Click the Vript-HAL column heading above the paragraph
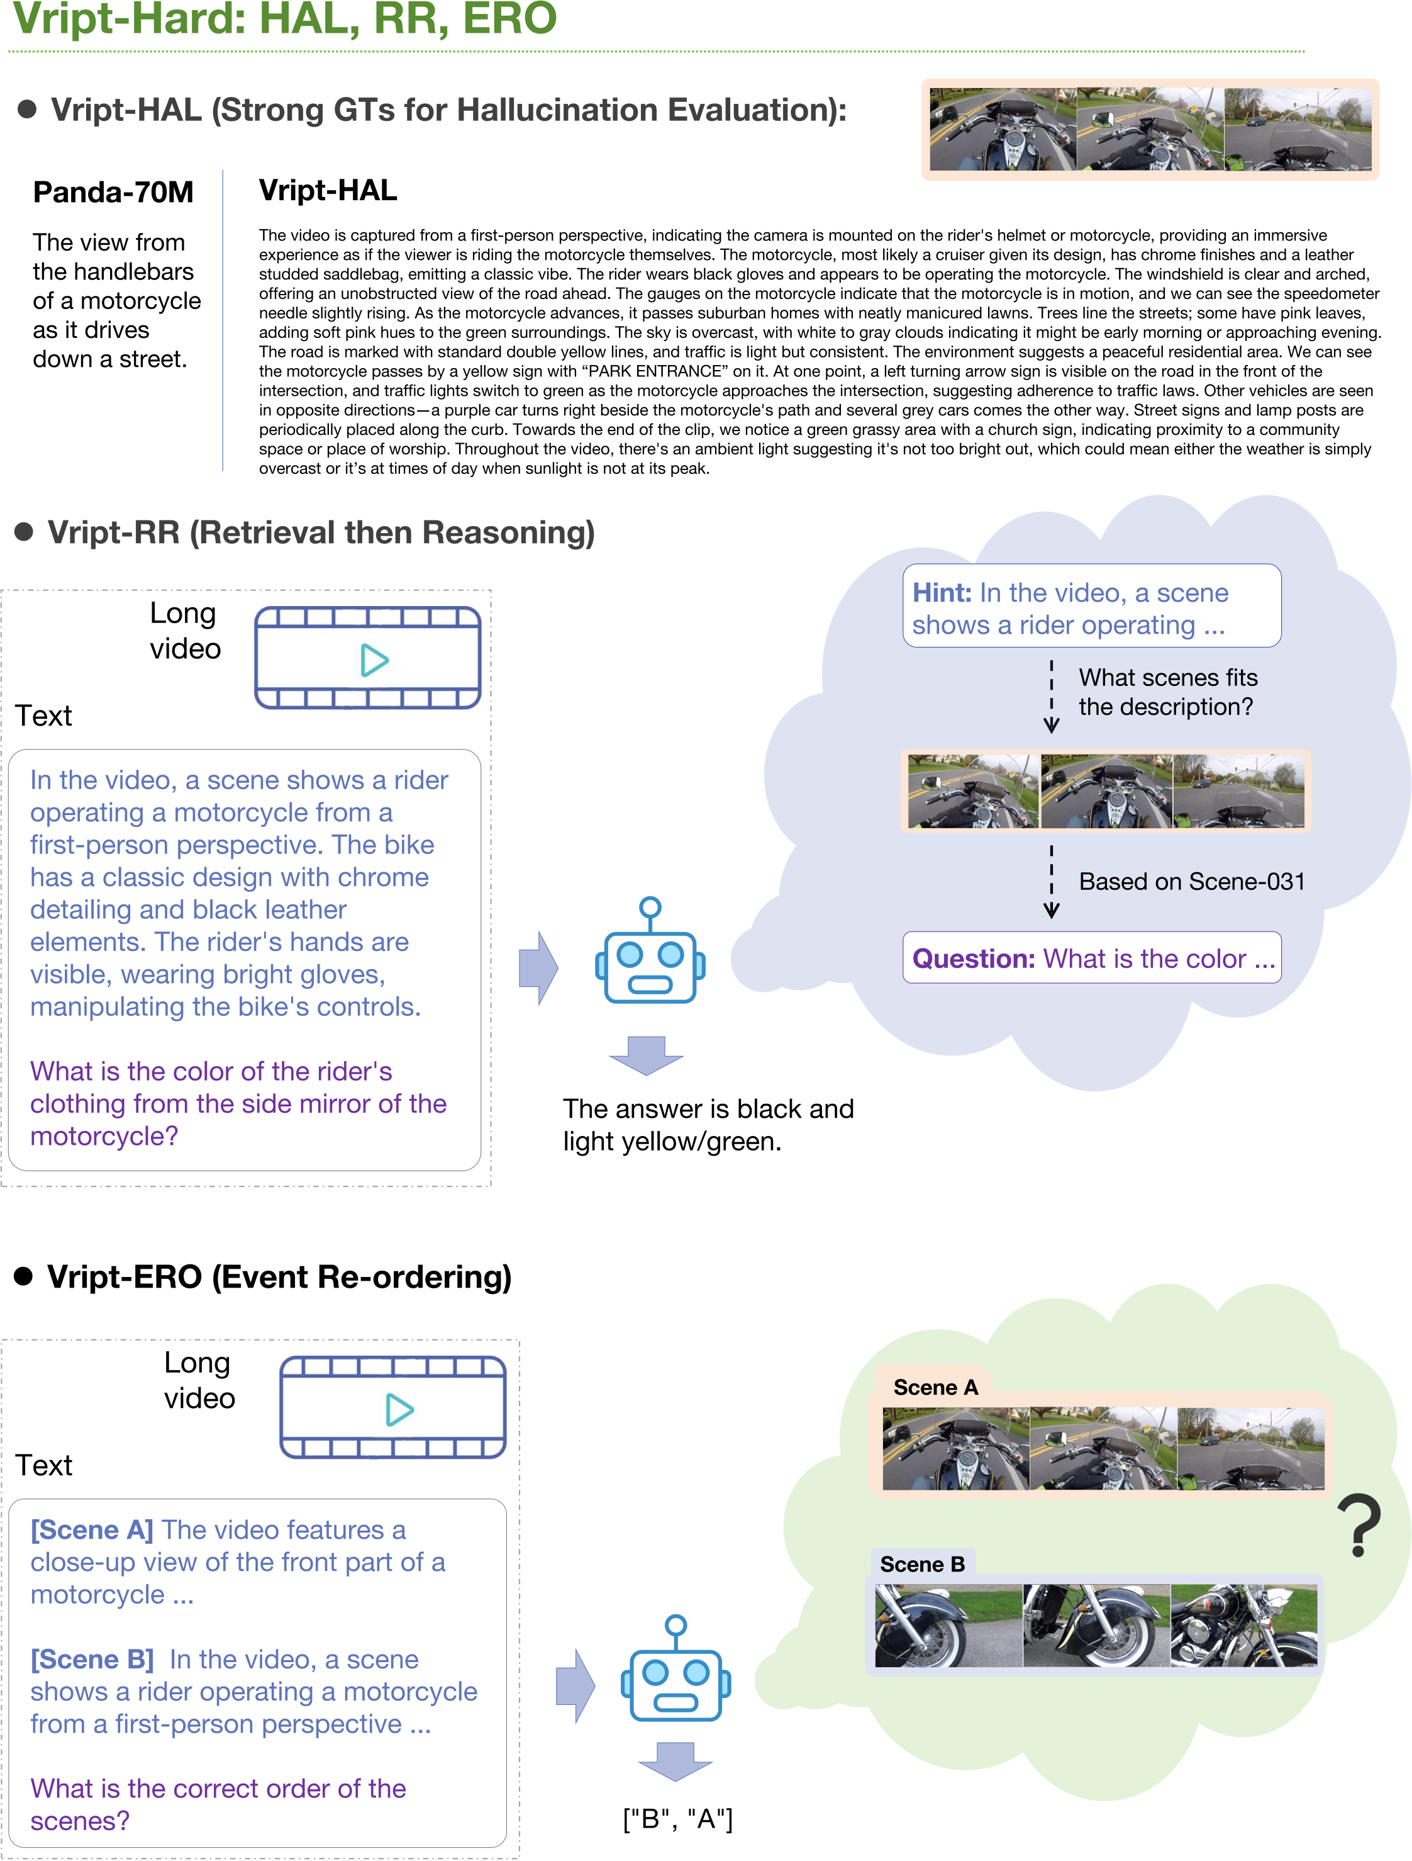(328, 190)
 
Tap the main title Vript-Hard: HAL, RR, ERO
(284, 18)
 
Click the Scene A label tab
(935, 1387)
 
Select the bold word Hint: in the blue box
(942, 593)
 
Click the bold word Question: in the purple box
(973, 959)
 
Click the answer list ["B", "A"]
(678, 1819)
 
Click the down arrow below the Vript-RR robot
(646, 1055)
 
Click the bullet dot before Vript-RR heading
(25, 532)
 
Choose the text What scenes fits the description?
(1167, 692)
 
